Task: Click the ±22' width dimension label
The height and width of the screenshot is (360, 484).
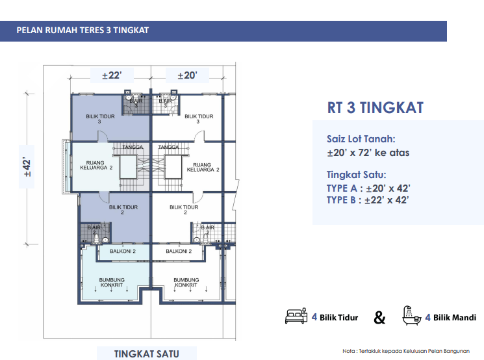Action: click(x=112, y=75)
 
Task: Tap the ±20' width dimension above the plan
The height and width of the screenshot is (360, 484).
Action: click(x=187, y=75)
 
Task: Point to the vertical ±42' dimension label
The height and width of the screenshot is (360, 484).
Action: click(x=27, y=167)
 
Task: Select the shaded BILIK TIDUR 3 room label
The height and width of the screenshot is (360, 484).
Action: click(x=100, y=119)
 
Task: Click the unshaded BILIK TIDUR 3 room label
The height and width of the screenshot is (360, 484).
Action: click(x=199, y=119)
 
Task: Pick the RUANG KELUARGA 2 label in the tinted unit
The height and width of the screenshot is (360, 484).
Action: click(x=96, y=165)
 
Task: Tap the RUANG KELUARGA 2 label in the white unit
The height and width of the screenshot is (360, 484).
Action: click(x=203, y=167)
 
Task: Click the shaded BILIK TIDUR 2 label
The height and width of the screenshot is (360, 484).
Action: click(x=123, y=210)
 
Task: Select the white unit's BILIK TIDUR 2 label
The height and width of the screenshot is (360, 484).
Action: click(x=184, y=210)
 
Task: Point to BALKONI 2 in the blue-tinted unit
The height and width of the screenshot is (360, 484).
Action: click(x=123, y=251)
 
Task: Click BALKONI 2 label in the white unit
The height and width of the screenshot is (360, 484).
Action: click(x=179, y=251)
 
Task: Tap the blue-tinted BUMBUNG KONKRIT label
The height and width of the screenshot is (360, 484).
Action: click(x=112, y=283)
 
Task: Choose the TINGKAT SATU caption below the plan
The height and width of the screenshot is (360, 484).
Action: click(x=147, y=354)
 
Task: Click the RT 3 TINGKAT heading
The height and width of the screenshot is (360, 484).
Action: click(x=376, y=108)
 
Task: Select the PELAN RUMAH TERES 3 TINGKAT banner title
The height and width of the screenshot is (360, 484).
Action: click(x=83, y=31)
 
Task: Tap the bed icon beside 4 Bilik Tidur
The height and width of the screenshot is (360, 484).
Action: click(x=296, y=316)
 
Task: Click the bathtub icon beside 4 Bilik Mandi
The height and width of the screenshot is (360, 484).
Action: click(x=411, y=316)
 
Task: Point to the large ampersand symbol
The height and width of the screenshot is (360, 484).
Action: click(x=379, y=317)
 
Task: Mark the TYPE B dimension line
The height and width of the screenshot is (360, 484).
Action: click(x=368, y=200)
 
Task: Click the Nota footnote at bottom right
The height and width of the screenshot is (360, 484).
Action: click(x=406, y=351)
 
